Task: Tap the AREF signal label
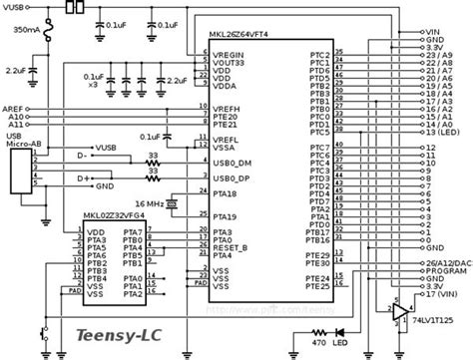tap(14, 106)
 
